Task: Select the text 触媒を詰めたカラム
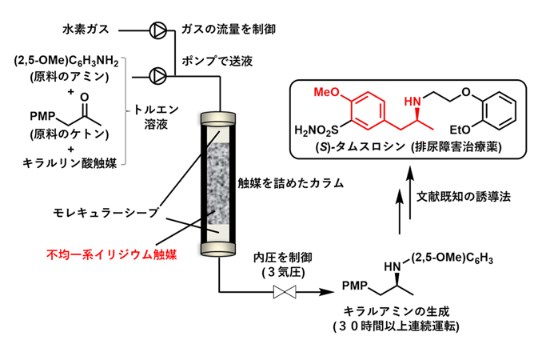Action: click(291, 182)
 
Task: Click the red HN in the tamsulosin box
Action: click(412, 102)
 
